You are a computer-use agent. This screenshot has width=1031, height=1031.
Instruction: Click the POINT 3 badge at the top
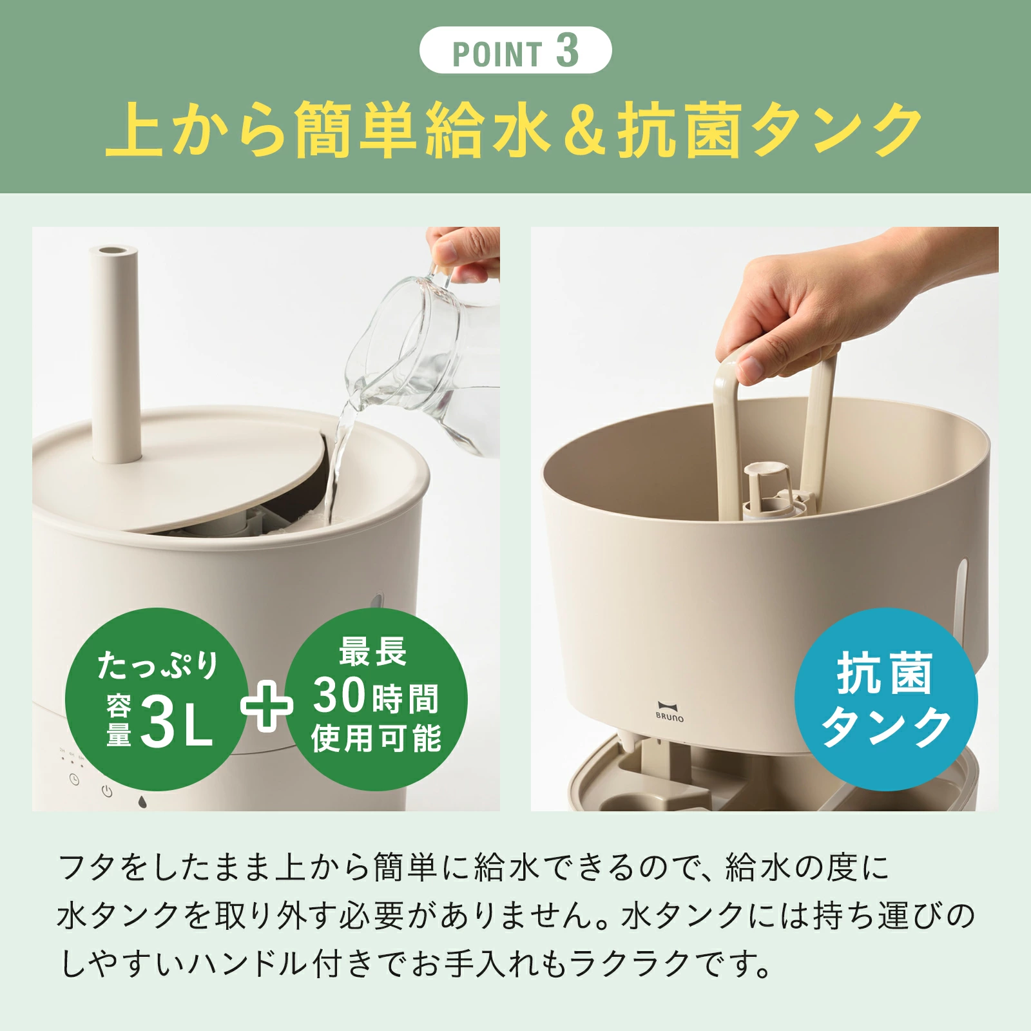click(515, 50)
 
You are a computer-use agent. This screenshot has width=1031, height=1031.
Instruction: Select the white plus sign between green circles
click(266, 706)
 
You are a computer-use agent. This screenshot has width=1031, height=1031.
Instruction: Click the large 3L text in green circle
click(176, 722)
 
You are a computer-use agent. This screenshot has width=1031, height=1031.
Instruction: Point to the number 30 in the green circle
click(340, 695)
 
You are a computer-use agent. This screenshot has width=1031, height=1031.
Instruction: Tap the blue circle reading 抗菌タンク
click(885, 700)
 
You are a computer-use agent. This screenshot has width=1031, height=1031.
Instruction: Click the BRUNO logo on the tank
click(670, 711)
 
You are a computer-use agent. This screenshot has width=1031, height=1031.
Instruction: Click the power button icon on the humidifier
click(107, 792)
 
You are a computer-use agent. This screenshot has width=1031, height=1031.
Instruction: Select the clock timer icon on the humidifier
click(75, 780)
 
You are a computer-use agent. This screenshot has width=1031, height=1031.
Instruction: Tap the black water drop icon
click(142, 802)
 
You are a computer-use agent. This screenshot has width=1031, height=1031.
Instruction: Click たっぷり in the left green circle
click(159, 665)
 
